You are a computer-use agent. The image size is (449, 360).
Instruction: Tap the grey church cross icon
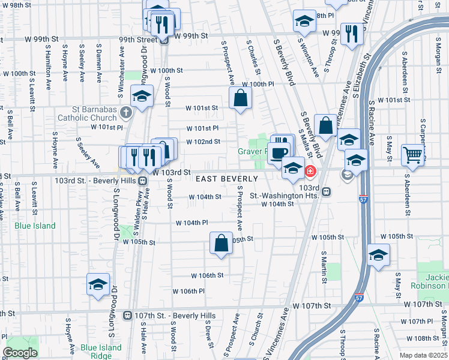coord(125,112)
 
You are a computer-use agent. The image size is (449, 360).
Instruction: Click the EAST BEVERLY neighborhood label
coord(226,179)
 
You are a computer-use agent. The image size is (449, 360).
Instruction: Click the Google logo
coord(20,353)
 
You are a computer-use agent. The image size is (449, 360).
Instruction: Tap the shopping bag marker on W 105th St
coord(221,244)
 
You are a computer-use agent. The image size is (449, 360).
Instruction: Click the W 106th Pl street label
coord(189,291)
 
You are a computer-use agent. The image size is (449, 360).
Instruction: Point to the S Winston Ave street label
coord(309,59)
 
